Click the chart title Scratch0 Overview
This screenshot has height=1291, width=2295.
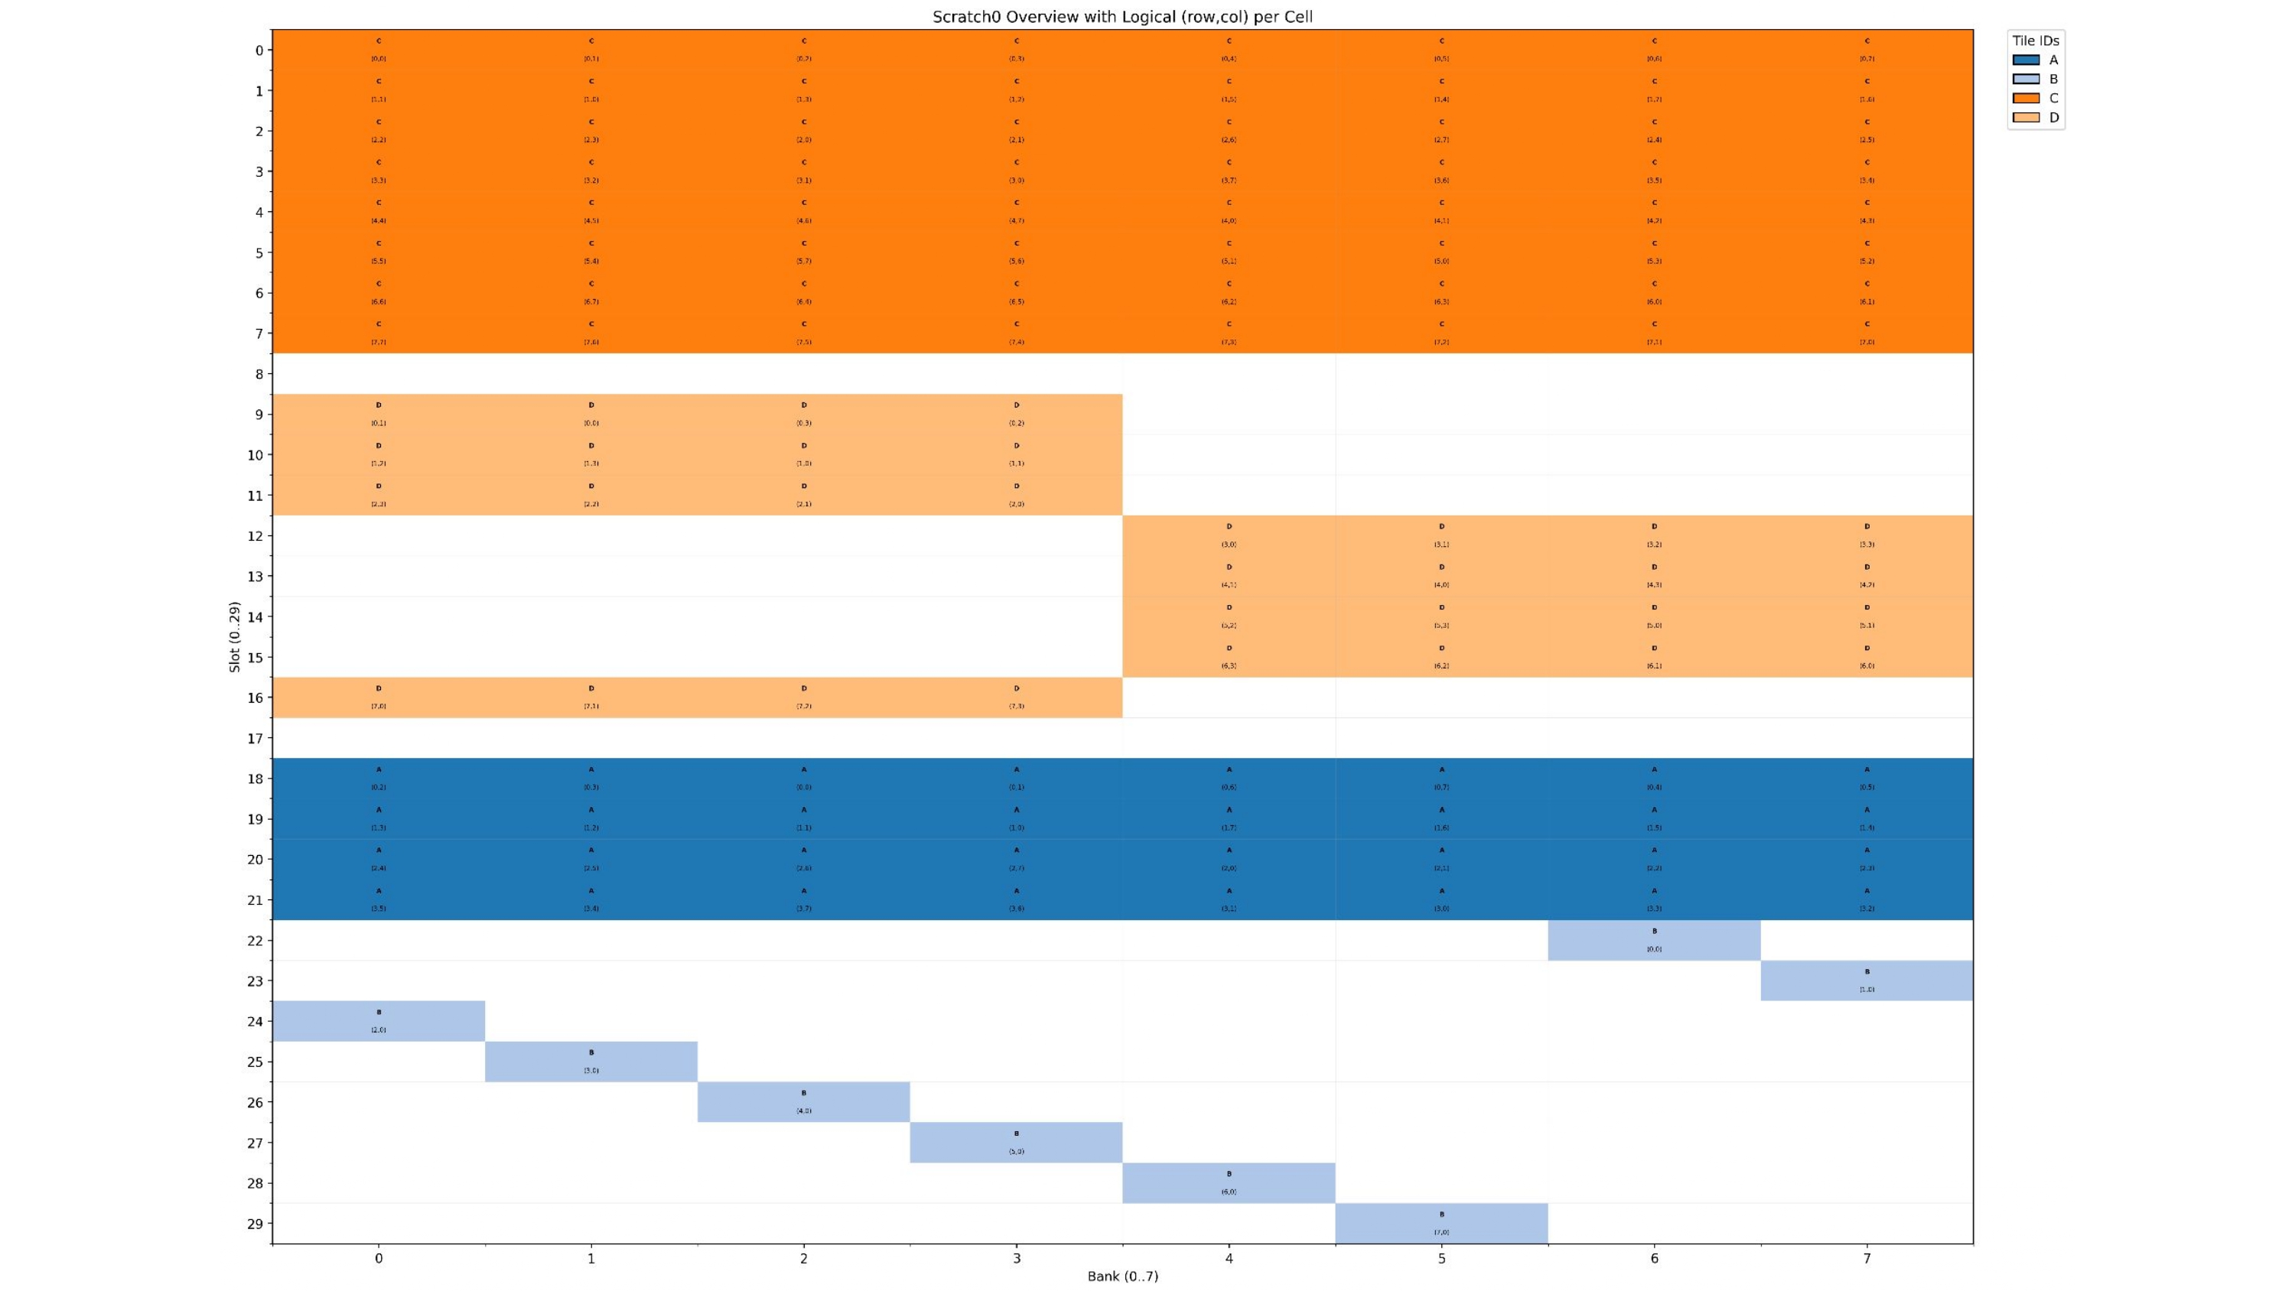(x=1121, y=17)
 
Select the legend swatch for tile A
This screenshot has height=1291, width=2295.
(x=2025, y=60)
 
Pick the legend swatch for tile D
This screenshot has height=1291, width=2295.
(x=2025, y=118)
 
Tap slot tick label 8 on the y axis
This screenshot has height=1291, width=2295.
(x=259, y=374)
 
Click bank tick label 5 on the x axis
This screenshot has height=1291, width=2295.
(x=1441, y=1258)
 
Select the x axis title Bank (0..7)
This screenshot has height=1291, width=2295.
(x=1121, y=1276)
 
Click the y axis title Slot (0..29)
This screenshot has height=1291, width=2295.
(x=234, y=636)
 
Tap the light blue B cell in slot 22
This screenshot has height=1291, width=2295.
(x=1653, y=941)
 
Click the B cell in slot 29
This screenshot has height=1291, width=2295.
(x=1441, y=1223)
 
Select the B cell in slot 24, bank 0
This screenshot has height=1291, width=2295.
(x=379, y=1021)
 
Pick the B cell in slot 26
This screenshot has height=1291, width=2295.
(x=803, y=1102)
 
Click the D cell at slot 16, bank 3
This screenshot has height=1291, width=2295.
(x=1017, y=698)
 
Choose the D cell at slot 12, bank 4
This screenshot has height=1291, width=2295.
(x=1229, y=535)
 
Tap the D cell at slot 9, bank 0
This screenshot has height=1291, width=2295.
(x=379, y=415)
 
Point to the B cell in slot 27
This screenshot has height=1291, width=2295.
(x=1017, y=1142)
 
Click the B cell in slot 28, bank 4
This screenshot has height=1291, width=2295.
(x=1229, y=1183)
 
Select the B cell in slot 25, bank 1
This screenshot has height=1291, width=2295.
(x=591, y=1061)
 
